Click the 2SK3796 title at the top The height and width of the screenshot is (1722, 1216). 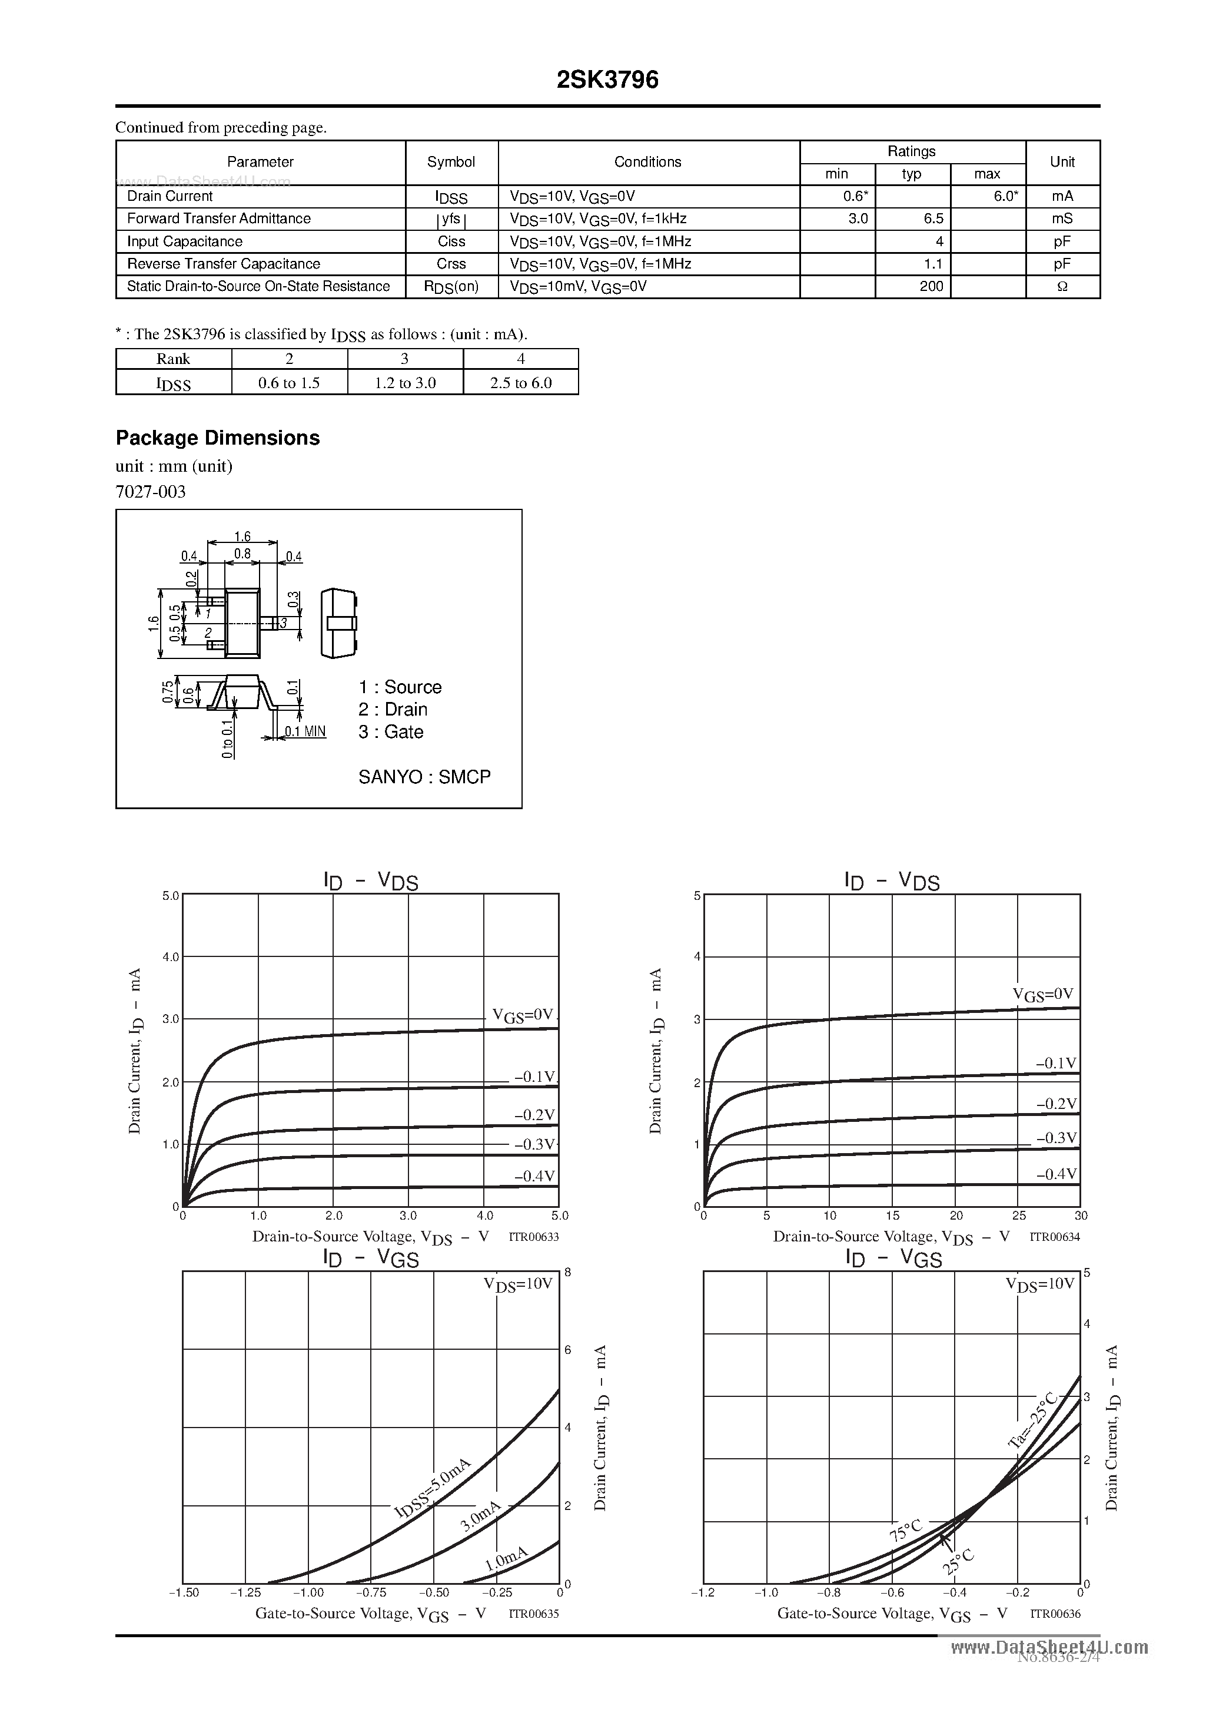607,80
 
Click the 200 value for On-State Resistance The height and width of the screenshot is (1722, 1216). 931,286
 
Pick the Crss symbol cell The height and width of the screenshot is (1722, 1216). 451,264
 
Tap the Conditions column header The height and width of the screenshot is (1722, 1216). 648,162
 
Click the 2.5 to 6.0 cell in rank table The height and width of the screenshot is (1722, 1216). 520,382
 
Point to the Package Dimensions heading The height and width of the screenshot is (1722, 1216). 217,438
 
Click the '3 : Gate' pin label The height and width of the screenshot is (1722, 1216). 391,732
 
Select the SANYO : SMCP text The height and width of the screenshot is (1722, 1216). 424,777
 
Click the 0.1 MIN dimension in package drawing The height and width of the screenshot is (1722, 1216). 305,731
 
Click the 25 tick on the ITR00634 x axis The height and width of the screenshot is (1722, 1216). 1019,1216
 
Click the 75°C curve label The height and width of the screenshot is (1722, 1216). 905,1532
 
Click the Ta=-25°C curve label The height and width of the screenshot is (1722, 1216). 1033,1419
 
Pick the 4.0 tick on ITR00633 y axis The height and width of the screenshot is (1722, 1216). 171,957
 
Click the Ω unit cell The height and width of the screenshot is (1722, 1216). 1062,286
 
